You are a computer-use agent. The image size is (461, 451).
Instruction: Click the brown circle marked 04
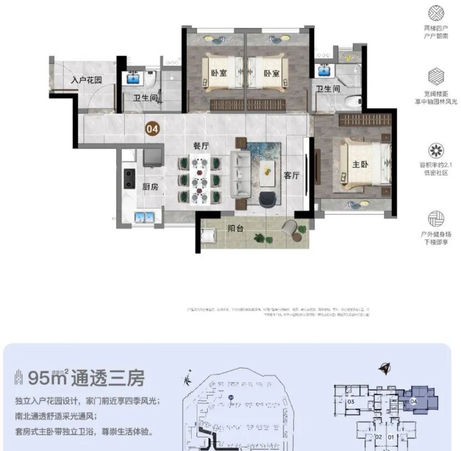[152, 129]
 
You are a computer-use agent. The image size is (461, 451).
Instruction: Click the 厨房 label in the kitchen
[150, 187]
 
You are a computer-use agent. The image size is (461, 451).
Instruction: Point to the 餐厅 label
[201, 146]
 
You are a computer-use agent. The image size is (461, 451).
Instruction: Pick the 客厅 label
[292, 175]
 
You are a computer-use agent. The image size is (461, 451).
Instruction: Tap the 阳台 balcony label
[237, 228]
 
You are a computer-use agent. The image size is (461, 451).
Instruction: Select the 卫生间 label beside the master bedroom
[328, 89]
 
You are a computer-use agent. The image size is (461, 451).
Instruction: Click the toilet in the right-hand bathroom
[351, 101]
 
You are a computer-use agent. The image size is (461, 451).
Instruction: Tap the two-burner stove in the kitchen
[129, 178]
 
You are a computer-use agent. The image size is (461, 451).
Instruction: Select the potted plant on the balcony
[259, 238]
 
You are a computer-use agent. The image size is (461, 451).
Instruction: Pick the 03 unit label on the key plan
[350, 401]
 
